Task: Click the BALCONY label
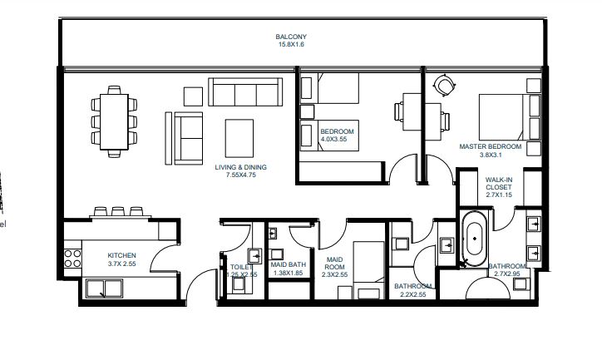pyautogui.click(x=292, y=37)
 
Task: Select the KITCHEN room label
pyautogui.click(x=121, y=255)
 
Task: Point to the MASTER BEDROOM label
pyautogui.click(x=491, y=146)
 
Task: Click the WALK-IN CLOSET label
pyautogui.click(x=499, y=183)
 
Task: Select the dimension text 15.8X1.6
pyautogui.click(x=292, y=46)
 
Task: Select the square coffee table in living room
pyautogui.click(x=240, y=135)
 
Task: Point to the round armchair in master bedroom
pyautogui.click(x=446, y=85)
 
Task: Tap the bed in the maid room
pyautogui.click(x=366, y=269)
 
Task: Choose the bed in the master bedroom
pyautogui.click(x=501, y=116)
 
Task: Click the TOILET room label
pyautogui.click(x=241, y=266)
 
